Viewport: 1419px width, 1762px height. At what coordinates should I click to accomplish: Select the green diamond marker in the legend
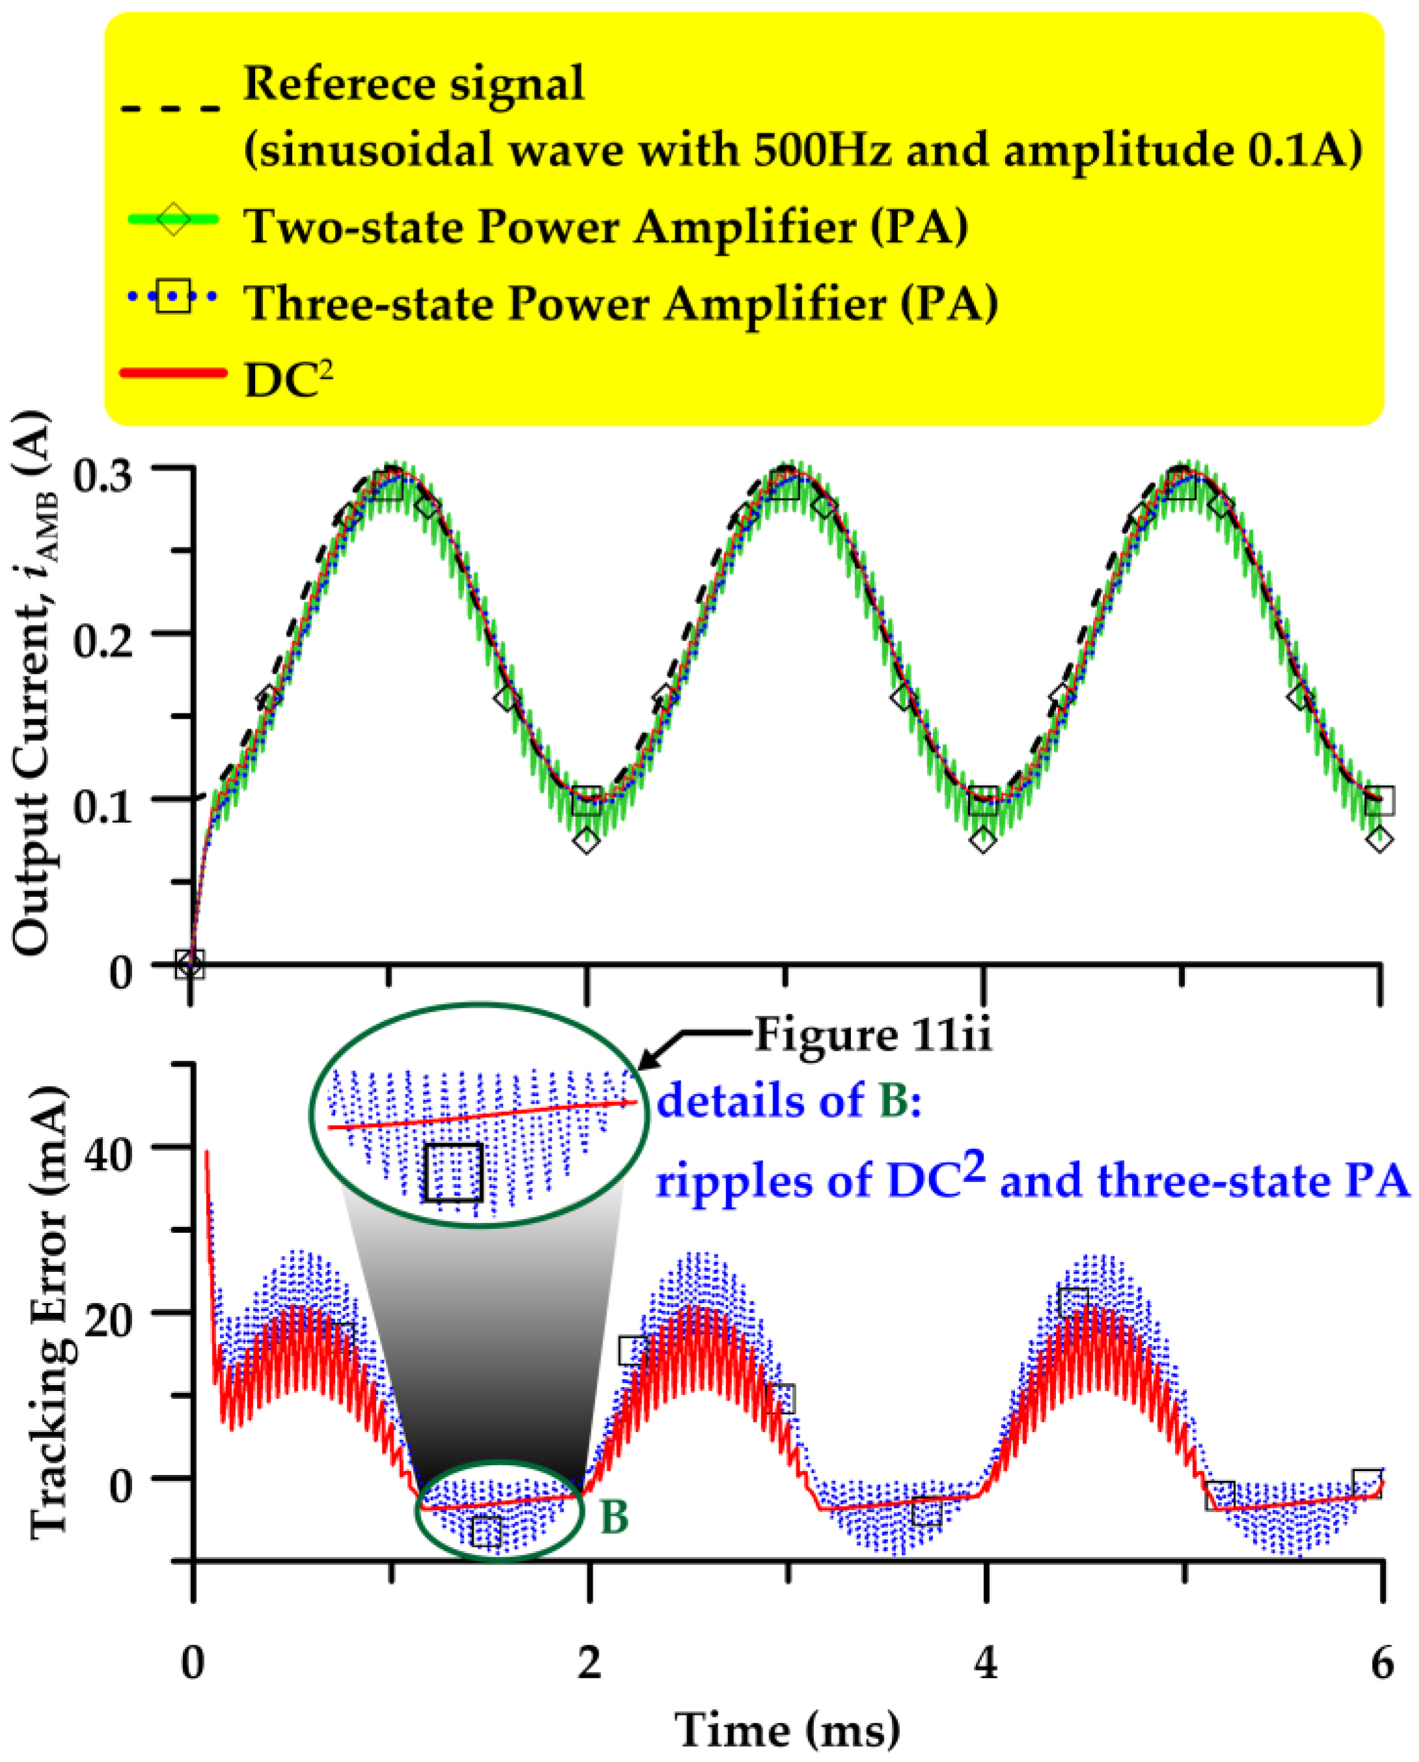[173, 219]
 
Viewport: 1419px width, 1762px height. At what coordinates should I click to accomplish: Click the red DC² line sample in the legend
[172, 373]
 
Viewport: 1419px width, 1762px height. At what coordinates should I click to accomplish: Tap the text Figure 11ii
[872, 1036]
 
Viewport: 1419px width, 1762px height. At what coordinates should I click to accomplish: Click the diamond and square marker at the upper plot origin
[191, 964]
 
